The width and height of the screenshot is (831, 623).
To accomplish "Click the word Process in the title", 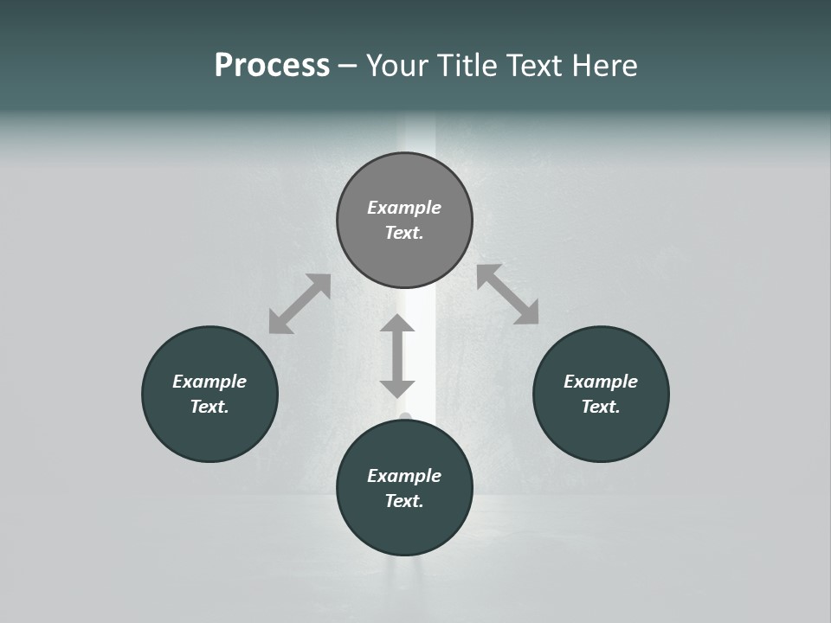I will [272, 66].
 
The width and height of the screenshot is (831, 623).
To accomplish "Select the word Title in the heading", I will [465, 66].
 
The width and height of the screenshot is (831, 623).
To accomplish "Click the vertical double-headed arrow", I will [397, 356].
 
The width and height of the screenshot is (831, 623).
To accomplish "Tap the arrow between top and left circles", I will [300, 304].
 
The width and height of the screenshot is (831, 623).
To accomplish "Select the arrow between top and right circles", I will [507, 294].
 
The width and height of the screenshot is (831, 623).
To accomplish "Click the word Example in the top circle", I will [404, 208].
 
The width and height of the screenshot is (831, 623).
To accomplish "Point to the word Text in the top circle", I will [404, 233].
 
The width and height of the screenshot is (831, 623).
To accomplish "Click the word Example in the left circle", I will [209, 382].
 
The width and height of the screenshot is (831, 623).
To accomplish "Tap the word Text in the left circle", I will [209, 407].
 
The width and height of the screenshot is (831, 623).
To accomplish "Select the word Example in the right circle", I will [601, 382].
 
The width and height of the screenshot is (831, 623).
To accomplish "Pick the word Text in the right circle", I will [601, 407].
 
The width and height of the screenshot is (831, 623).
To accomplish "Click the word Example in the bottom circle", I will [404, 476].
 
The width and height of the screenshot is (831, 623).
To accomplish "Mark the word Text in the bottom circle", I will [404, 501].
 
